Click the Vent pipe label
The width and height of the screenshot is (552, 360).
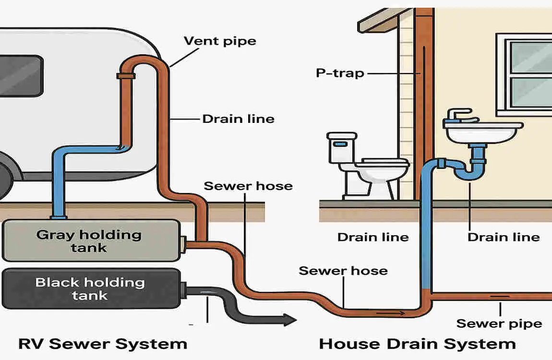pos(220,41)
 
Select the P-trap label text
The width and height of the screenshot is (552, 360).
pos(339,73)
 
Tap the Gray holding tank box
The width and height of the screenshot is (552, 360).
pos(90,241)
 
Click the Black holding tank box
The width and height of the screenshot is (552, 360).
pos(90,288)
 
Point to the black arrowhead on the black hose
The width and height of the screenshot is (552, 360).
pos(289,319)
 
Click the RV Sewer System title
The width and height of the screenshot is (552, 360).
pos(102,344)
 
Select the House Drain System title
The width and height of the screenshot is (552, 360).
pos(417,344)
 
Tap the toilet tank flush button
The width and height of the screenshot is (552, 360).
pos(340,144)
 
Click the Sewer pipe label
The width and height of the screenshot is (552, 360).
pos(499,324)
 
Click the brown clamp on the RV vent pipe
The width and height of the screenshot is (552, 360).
pos(126,76)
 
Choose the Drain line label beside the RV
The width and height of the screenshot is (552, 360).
pos(238,119)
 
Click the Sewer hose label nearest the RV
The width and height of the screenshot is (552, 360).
pos(248,186)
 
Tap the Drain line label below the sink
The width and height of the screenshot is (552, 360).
pos(504,237)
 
